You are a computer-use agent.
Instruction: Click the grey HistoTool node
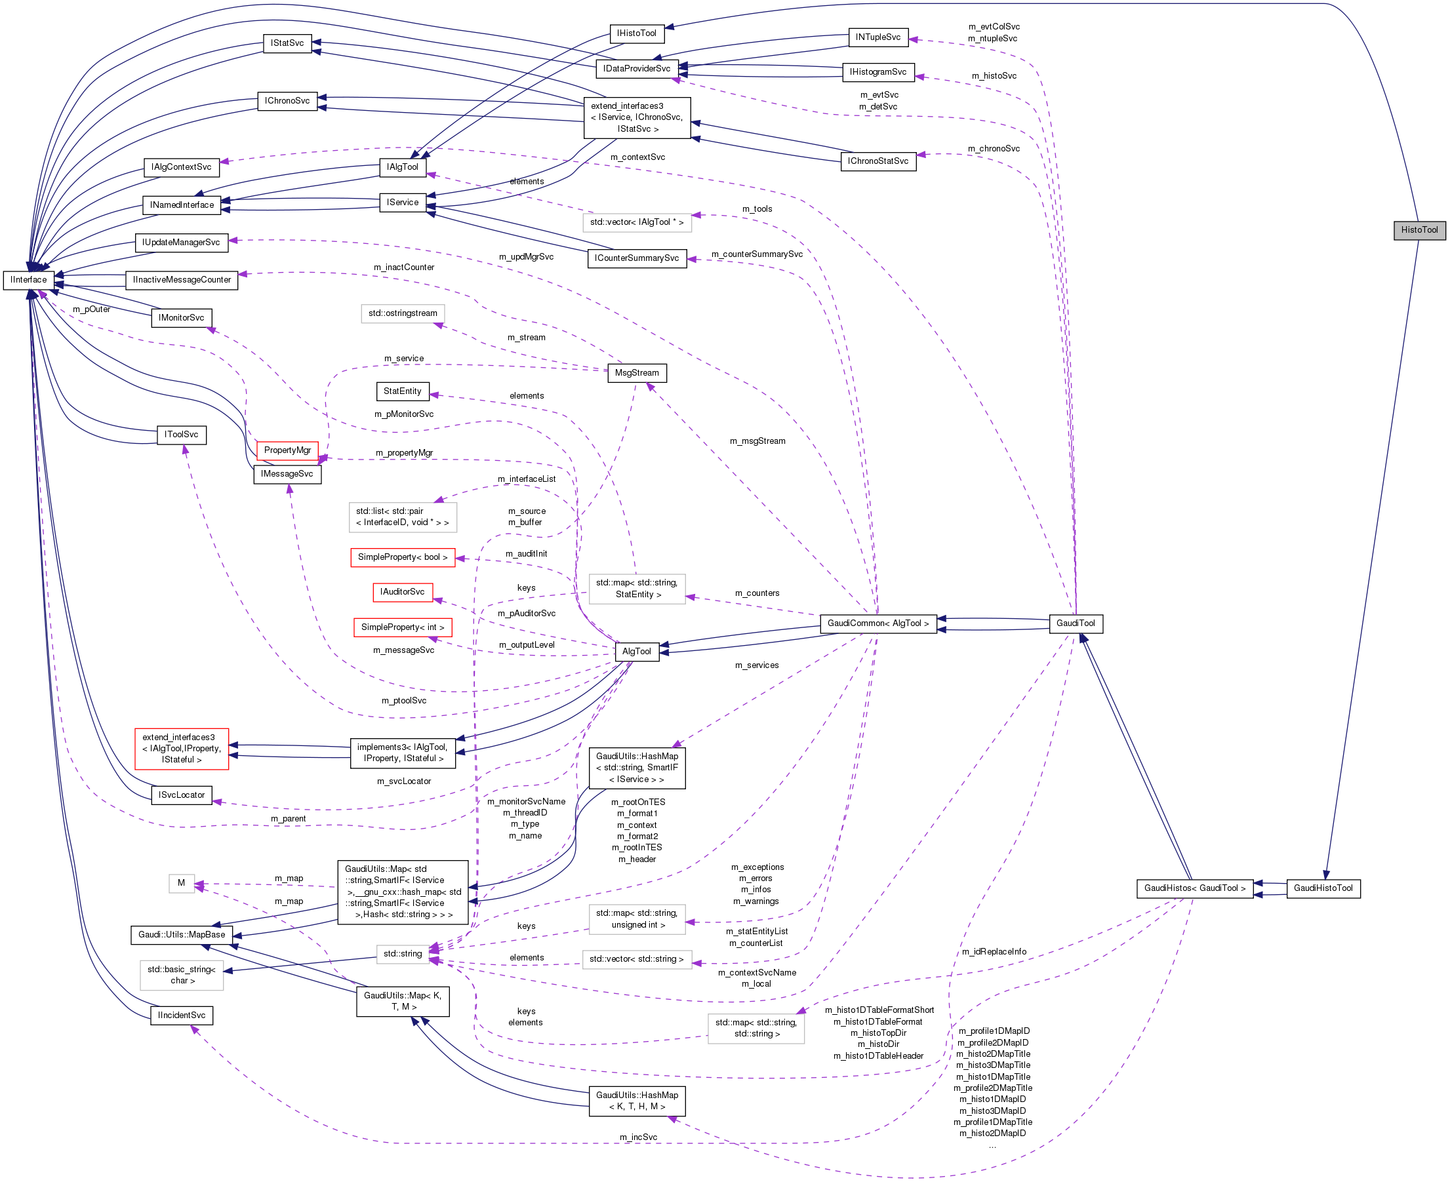(1419, 230)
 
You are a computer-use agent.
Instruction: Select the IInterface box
(29, 280)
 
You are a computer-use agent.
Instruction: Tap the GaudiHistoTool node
(1323, 888)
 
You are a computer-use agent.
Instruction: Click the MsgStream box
(636, 373)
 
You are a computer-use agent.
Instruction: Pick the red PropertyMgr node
(287, 450)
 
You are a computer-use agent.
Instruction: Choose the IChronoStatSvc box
(878, 161)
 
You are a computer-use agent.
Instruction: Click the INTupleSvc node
(878, 37)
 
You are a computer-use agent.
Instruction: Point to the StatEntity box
(402, 391)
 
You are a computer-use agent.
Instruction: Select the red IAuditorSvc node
(402, 592)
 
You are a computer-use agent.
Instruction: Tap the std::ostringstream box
(403, 313)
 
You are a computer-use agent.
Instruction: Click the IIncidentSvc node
(181, 1015)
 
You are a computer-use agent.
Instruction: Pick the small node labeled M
(181, 883)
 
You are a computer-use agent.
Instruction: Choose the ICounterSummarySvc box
(636, 258)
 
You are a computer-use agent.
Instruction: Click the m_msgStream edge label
(757, 441)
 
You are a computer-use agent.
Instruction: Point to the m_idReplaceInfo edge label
(994, 952)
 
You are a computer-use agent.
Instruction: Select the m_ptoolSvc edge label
(404, 701)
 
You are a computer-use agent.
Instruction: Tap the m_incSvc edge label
(638, 1137)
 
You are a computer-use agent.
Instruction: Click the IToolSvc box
(181, 435)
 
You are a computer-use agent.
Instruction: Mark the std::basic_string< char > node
(182, 975)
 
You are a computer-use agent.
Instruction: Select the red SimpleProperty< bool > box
(403, 557)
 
